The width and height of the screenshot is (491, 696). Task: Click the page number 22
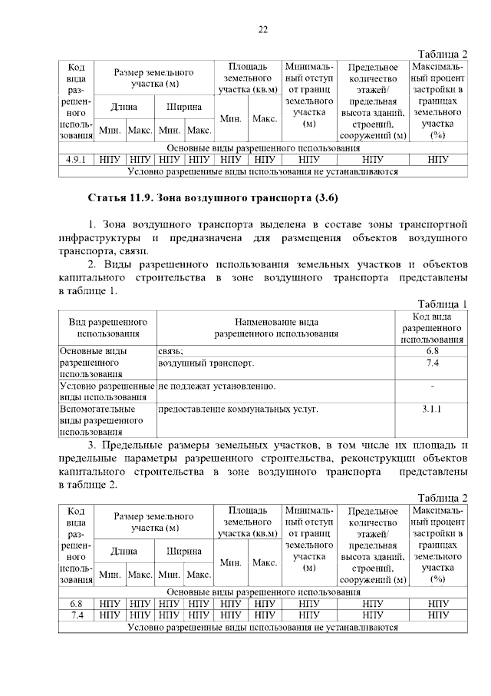262,30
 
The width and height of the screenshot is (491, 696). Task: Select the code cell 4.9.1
76,160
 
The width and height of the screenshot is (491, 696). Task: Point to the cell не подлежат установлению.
216,386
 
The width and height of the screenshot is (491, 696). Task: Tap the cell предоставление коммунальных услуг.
238,409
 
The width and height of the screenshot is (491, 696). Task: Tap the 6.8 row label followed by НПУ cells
76,604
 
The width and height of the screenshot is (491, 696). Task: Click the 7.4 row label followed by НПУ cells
76,615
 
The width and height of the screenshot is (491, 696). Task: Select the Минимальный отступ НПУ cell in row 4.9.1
309,160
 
